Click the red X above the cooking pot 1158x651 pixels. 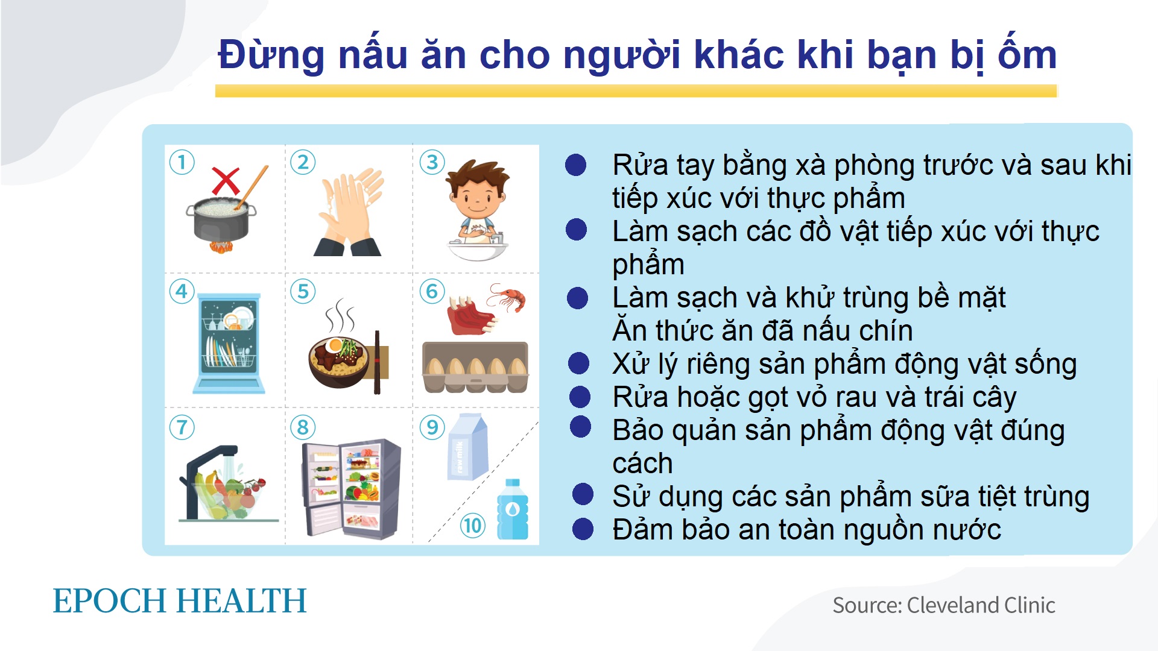[226, 181]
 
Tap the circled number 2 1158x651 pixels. [303, 162]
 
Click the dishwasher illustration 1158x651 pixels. [229, 342]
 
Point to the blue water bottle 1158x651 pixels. [513, 509]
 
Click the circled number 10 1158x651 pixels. [473, 526]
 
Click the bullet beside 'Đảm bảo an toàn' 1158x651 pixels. [583, 529]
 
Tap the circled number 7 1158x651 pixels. [182, 427]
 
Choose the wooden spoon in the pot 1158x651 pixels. [253, 187]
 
